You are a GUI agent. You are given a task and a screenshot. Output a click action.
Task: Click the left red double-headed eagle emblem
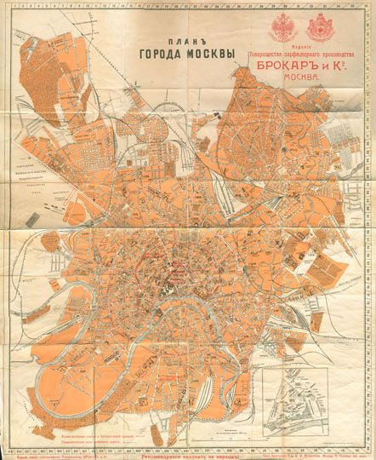pos(282,26)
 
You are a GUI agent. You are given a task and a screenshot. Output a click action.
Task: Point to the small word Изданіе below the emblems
pos(302,49)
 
